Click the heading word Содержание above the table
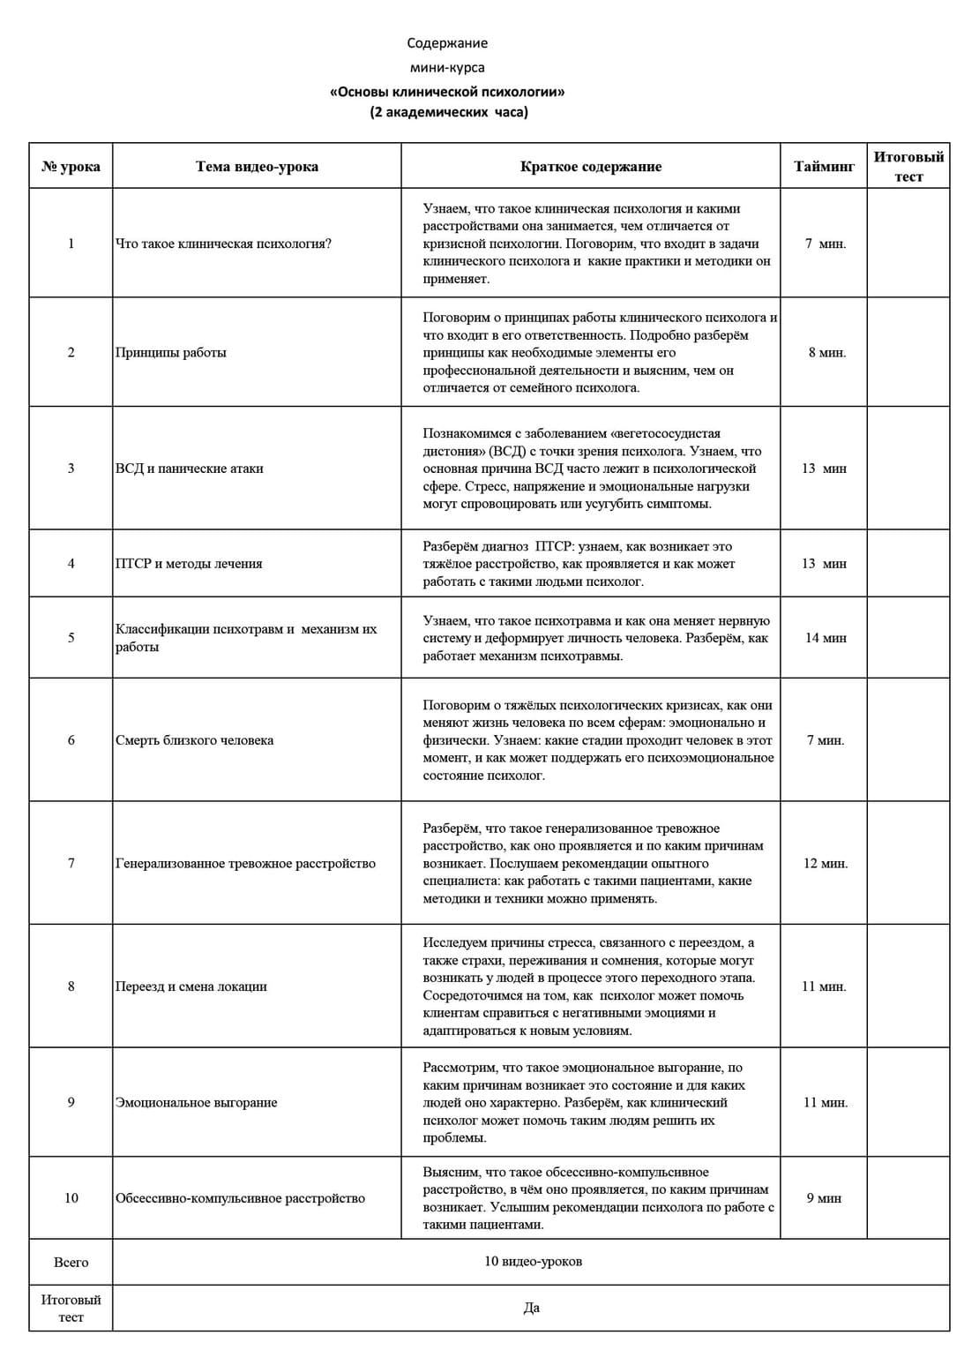447,43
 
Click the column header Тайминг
824,166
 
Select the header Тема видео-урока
257,166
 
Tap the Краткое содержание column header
590,166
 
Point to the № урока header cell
71,166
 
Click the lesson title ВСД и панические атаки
190,469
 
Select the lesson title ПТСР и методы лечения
189,564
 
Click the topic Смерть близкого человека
194,740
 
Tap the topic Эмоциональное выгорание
196,1102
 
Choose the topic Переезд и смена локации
191,986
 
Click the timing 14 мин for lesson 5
825,638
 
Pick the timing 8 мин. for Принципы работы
826,353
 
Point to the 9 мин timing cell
824,1198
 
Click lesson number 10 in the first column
71,1198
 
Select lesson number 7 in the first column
71,863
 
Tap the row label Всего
71,1263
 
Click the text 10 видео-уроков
533,1262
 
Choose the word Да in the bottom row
531,1308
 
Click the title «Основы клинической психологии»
447,92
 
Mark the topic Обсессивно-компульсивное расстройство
240,1198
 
